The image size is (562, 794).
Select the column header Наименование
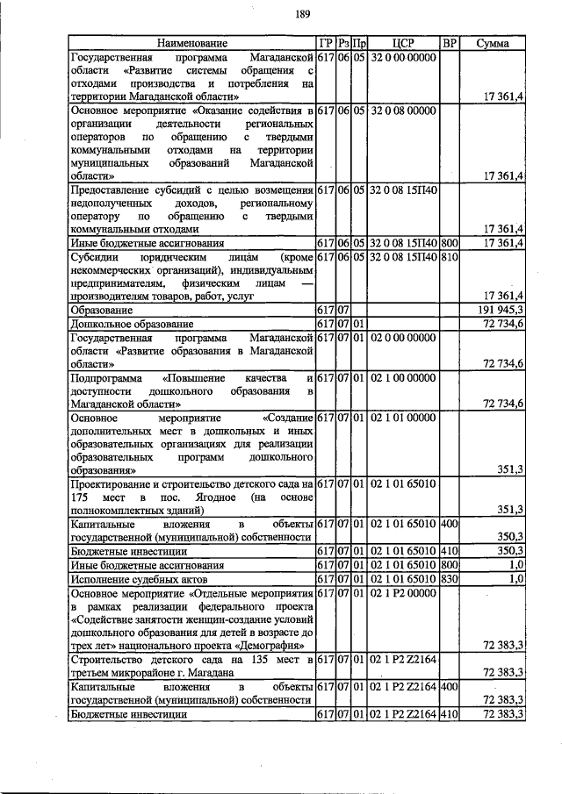(x=191, y=43)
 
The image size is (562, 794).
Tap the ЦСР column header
(x=404, y=43)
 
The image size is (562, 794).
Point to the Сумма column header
(x=493, y=43)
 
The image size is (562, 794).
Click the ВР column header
(x=449, y=43)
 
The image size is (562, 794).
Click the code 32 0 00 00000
(x=404, y=56)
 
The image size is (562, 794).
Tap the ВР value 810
(x=449, y=256)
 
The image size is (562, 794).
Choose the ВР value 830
(x=449, y=579)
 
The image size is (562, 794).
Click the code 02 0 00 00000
(x=404, y=337)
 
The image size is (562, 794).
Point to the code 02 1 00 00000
(x=404, y=377)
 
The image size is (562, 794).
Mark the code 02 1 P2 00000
(x=404, y=593)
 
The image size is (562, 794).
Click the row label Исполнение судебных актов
(x=127, y=579)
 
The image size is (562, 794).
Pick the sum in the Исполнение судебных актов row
(x=515, y=579)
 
